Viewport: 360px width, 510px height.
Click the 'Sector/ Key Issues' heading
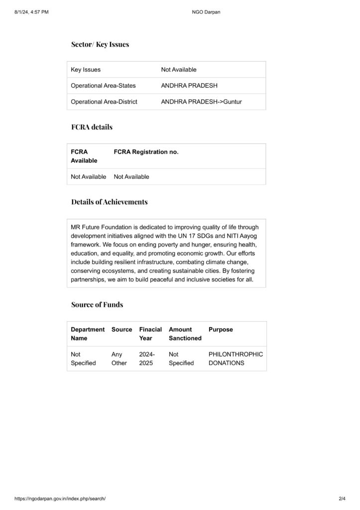(x=100, y=44)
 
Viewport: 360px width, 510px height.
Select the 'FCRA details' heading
(x=92, y=127)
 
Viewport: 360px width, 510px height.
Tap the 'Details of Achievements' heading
(x=109, y=202)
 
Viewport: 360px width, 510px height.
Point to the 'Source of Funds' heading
(x=97, y=304)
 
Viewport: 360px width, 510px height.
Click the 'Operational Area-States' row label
(x=103, y=86)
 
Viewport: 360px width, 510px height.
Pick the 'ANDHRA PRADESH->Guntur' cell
(x=201, y=102)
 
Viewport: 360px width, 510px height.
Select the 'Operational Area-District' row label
(x=104, y=102)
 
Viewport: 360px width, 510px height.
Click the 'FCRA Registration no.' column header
(x=146, y=152)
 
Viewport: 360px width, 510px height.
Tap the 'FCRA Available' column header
(x=84, y=156)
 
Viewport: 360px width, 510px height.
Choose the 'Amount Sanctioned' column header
(x=185, y=334)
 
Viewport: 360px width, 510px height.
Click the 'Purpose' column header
(x=221, y=330)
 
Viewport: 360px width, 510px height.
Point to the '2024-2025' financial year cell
(x=147, y=359)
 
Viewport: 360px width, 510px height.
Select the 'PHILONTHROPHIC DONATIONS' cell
(x=236, y=359)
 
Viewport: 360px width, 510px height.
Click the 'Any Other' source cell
(x=119, y=359)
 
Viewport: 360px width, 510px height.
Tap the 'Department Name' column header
(x=88, y=334)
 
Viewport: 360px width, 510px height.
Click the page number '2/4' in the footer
(x=342, y=499)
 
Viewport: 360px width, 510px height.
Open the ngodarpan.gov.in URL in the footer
(x=60, y=499)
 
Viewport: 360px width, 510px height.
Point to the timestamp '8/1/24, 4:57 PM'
(x=32, y=12)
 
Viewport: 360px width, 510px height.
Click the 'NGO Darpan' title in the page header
(x=206, y=12)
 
